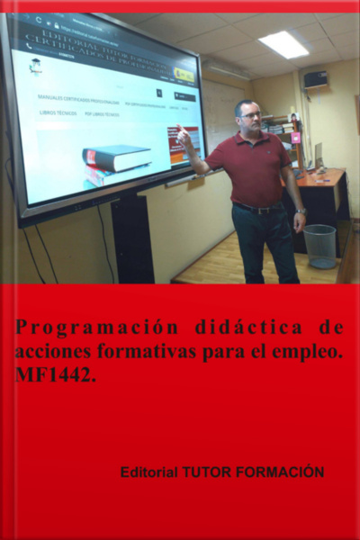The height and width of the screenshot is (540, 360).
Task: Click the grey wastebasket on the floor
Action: (319, 245)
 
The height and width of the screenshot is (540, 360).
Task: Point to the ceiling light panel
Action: (283, 43)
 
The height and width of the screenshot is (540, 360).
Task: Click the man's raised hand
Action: (184, 137)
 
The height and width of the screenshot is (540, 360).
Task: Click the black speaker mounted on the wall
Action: (315, 79)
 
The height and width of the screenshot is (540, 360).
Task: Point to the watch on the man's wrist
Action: (301, 211)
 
